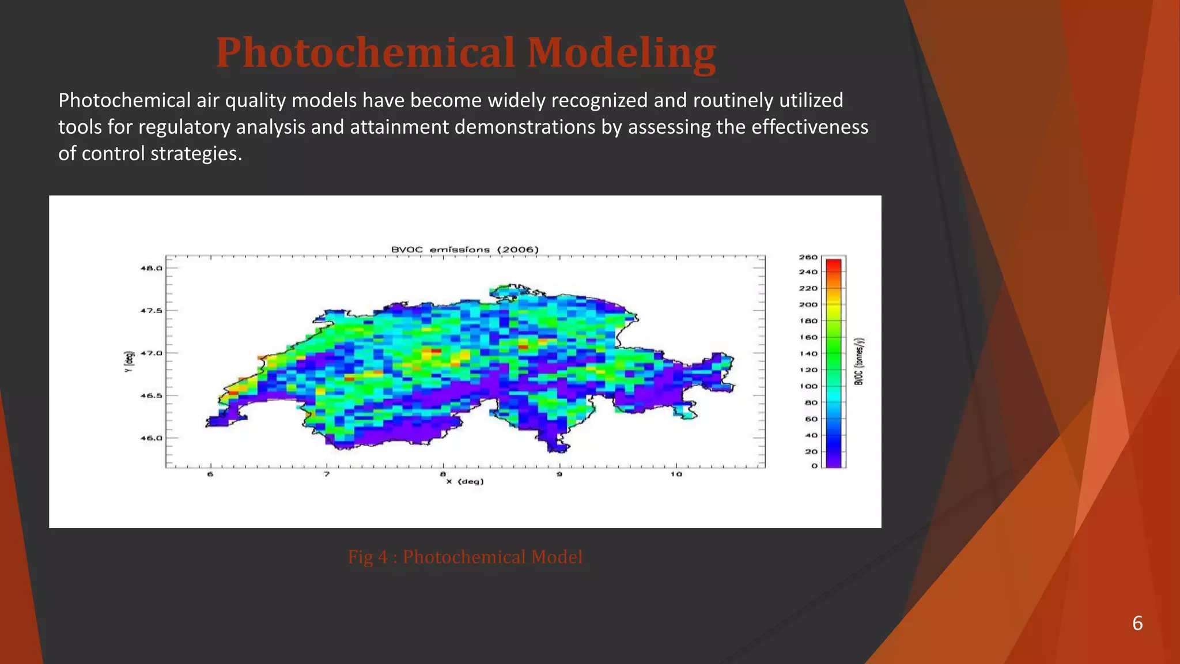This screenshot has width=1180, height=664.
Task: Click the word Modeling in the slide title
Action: tap(621, 52)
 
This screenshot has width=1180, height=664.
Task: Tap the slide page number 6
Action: tap(1137, 623)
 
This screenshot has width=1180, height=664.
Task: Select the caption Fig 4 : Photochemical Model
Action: tap(465, 557)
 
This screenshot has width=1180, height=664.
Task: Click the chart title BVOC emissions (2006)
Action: tap(464, 250)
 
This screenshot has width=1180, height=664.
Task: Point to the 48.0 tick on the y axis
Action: tap(152, 268)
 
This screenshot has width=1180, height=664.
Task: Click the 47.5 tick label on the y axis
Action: tap(152, 311)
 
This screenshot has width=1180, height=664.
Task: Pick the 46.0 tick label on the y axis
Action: tap(152, 438)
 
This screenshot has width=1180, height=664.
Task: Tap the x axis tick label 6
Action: tap(210, 474)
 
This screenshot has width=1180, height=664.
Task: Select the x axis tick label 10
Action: tap(675, 474)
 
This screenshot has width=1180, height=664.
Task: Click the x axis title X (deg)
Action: tap(464, 481)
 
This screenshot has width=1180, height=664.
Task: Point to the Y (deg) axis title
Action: tap(129, 361)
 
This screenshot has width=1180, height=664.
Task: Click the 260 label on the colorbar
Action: tap(808, 257)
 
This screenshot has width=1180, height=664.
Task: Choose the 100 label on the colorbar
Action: tap(808, 386)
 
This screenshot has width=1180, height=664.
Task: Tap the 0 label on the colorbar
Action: tap(814, 466)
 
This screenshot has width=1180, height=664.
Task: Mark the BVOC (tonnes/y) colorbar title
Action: tap(858, 361)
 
